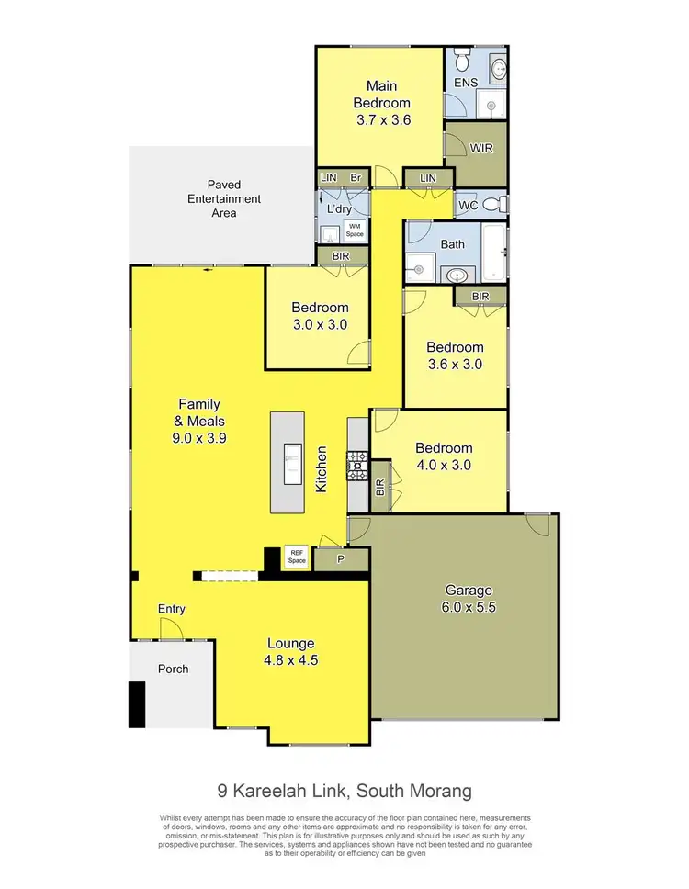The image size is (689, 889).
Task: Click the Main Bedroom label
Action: [x=381, y=103]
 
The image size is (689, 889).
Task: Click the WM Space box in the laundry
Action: [x=355, y=231]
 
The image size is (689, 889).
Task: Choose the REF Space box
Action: [x=296, y=557]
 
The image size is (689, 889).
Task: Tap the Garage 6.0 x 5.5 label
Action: [x=469, y=598]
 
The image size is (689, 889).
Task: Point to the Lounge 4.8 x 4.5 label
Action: [x=291, y=650]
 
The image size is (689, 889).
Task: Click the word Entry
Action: [x=172, y=609]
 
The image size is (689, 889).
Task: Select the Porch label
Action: [x=172, y=669]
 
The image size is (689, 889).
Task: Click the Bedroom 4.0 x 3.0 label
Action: [x=443, y=456]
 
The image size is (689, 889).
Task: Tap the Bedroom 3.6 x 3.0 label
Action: [x=454, y=355]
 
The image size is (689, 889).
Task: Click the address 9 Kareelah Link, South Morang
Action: [x=344, y=791]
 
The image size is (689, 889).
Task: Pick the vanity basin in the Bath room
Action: [x=454, y=275]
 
